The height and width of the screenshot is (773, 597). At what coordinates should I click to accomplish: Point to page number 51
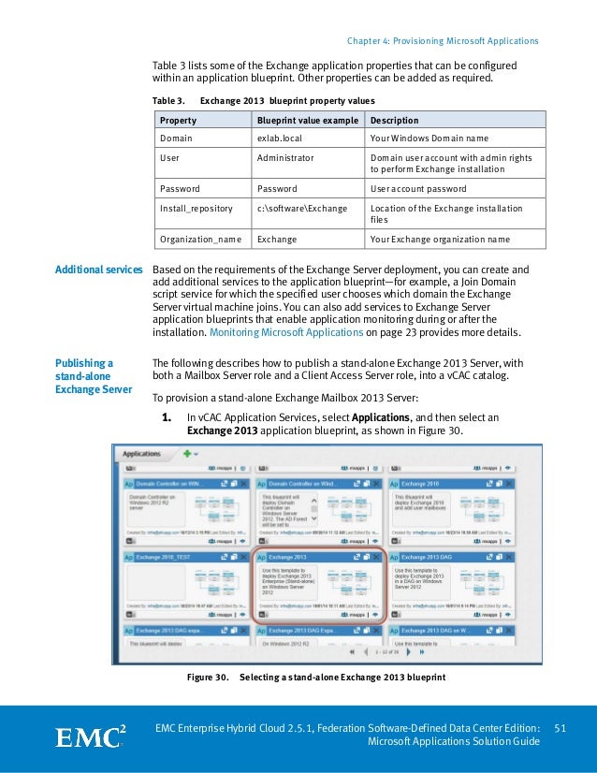(x=561, y=728)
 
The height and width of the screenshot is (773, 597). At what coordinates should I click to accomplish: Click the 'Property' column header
(x=178, y=121)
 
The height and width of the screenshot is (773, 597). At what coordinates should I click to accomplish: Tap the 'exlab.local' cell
(x=280, y=138)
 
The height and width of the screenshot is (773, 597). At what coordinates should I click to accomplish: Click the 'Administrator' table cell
(x=285, y=158)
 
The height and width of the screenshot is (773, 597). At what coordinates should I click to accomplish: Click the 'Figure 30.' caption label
(x=209, y=677)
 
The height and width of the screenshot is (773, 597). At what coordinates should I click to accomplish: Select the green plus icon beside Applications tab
(x=188, y=454)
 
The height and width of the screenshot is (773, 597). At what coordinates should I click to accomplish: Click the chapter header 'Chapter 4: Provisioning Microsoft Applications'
(x=443, y=41)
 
